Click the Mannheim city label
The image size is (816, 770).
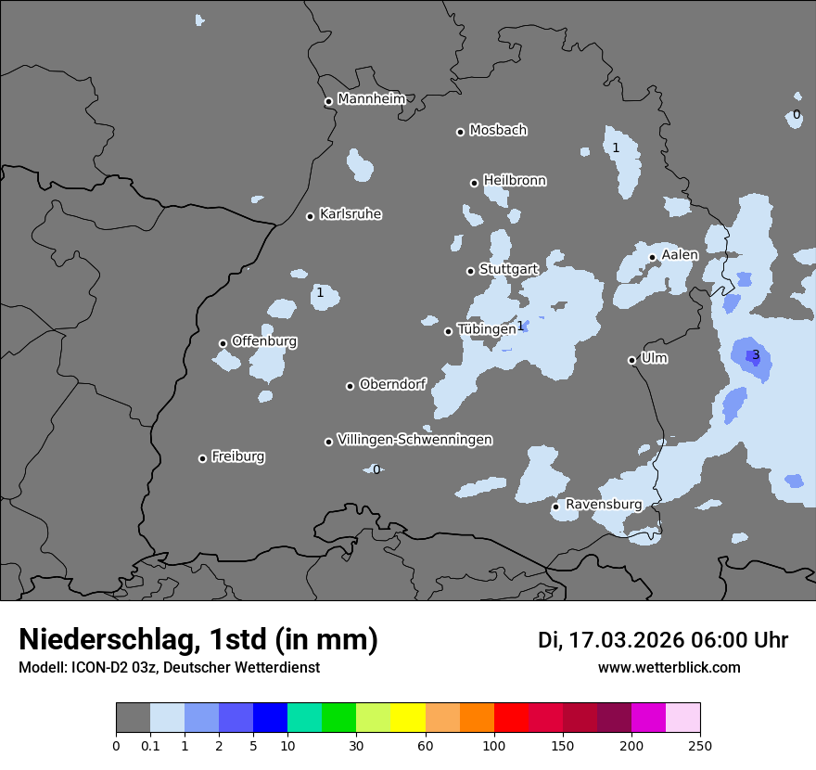[x=372, y=99]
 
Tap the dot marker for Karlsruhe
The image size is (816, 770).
[x=311, y=216]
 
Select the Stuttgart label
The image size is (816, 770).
[x=508, y=269]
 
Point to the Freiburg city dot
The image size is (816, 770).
[x=202, y=458]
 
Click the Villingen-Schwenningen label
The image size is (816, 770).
[x=414, y=440]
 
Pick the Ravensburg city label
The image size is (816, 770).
[x=603, y=505]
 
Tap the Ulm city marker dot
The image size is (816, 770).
[x=632, y=360]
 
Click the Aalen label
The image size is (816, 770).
[x=680, y=255]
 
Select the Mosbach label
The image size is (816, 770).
[x=497, y=131]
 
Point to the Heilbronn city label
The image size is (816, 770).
[x=515, y=181]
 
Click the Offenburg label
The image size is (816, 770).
[x=264, y=341]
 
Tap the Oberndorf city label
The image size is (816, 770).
[x=392, y=384]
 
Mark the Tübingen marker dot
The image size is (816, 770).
[x=449, y=331]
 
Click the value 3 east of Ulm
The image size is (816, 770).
[x=756, y=355]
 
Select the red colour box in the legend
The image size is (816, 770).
[x=511, y=718]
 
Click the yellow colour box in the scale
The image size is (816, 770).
[x=408, y=718]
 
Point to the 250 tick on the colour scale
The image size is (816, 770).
[x=700, y=745]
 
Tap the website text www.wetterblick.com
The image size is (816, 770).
[x=669, y=668]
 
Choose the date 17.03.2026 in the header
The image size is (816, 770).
[x=626, y=640]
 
